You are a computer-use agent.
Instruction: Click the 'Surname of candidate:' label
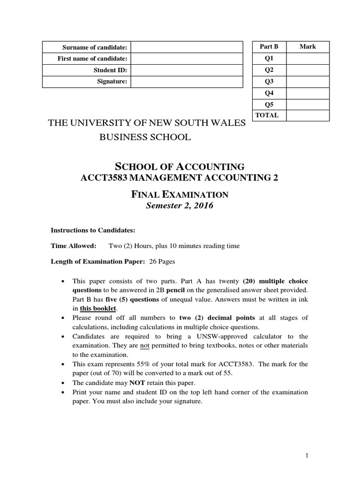pos(95,47)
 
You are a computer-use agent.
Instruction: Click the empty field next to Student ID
pos(186,70)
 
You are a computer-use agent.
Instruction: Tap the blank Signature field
pos(186,82)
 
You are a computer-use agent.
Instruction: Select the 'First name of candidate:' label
pos(92,59)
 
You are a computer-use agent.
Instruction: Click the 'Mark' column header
pos(307,47)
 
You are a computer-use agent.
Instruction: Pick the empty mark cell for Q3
pos(307,81)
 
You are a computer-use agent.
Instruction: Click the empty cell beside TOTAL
pos(307,115)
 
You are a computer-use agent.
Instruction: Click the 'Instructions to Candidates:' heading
pos(93,230)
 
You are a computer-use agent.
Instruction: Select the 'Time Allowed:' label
pos(73,246)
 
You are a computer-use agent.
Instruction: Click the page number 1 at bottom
pos(306,455)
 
